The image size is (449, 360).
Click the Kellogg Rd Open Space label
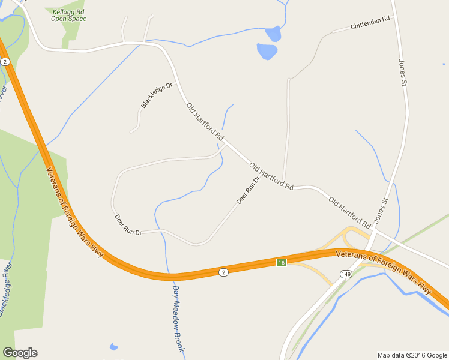(x=68, y=15)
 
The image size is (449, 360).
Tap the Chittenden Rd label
(x=370, y=23)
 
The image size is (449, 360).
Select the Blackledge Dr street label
(x=157, y=95)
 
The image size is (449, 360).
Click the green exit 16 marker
(x=281, y=263)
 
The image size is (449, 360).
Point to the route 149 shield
(x=345, y=274)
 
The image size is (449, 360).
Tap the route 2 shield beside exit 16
(x=223, y=272)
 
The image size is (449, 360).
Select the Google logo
(x=20, y=353)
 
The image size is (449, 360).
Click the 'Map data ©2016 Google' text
(x=412, y=355)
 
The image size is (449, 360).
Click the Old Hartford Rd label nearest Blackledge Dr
(x=205, y=122)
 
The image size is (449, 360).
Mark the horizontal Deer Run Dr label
(x=128, y=224)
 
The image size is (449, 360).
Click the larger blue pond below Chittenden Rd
(x=267, y=52)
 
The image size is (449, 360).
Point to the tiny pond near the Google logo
(x=113, y=347)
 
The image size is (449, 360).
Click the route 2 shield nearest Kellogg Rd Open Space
(x=5, y=62)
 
